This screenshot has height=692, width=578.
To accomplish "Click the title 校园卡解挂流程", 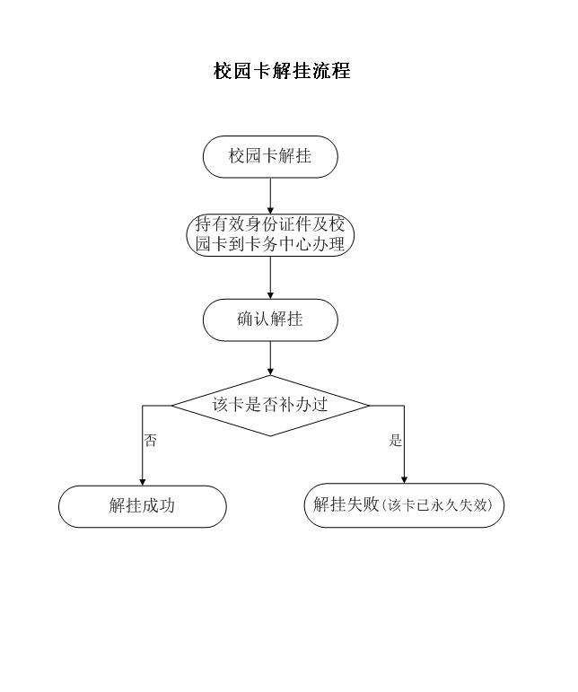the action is [x=282, y=71].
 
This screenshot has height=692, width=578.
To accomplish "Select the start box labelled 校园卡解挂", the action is [x=270, y=157].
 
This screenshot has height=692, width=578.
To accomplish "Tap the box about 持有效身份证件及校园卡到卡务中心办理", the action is [x=270, y=235].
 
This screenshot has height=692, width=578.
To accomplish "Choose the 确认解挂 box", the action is [x=270, y=320].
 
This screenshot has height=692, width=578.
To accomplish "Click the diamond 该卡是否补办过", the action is [x=270, y=406].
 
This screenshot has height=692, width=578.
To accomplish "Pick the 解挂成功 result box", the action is [x=142, y=506].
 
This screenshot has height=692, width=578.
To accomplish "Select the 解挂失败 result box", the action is [x=404, y=505].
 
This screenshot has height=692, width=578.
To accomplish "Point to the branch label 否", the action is [x=151, y=441].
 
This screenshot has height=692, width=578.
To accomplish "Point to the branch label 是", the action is [x=395, y=440].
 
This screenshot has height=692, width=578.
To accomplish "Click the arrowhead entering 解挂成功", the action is [x=142, y=482].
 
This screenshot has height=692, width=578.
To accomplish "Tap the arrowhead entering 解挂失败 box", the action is [x=404, y=479].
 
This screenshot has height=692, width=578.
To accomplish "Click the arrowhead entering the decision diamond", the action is [x=270, y=372].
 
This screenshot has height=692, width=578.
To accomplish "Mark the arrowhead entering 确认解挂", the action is [x=270, y=295].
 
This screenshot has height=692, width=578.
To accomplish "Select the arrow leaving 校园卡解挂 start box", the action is [x=270, y=197].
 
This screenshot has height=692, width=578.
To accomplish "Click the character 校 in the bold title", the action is [x=223, y=71].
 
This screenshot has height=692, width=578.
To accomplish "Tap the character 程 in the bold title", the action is [x=341, y=71].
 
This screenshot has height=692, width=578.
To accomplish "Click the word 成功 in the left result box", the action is [x=158, y=505].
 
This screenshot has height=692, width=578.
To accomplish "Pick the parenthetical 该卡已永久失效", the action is [x=437, y=505].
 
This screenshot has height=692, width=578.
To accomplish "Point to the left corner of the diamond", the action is [x=172, y=406].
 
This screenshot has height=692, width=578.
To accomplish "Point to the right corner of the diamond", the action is [x=369, y=406].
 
